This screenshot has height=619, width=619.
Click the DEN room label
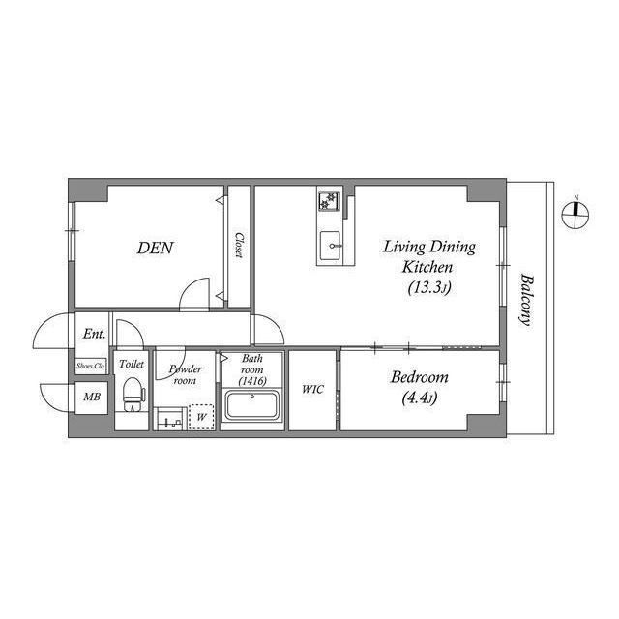[x=155, y=248]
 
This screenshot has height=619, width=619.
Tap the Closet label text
[x=238, y=244]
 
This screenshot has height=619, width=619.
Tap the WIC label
[x=312, y=390]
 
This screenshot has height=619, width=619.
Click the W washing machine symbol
[x=200, y=417]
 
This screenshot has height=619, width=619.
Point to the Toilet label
[x=131, y=364]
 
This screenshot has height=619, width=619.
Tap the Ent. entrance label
[x=94, y=334]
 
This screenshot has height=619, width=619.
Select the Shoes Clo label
[x=92, y=367]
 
